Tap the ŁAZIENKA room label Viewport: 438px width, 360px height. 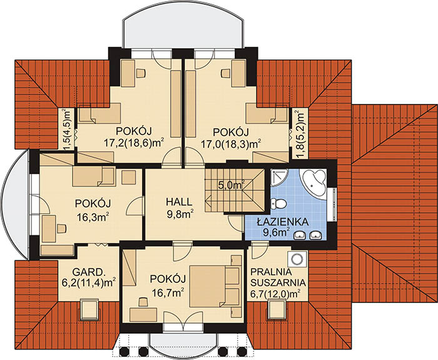[283, 222]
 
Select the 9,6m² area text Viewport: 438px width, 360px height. [277, 233]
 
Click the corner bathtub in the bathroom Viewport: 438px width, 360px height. [313, 182]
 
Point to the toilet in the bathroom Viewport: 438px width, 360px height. [278, 203]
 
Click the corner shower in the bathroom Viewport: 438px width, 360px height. [279, 177]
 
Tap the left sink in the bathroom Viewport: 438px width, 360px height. [300, 235]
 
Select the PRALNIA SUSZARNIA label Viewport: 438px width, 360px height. [278, 277]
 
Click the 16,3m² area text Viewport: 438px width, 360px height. [93, 217]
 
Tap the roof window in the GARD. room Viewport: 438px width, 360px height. [89, 310]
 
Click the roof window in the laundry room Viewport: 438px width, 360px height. [277, 309]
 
